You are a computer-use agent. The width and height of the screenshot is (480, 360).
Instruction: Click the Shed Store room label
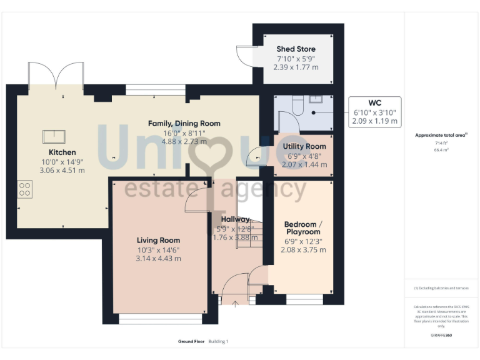click(296, 49)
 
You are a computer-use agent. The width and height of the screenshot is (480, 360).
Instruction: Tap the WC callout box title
click(374, 102)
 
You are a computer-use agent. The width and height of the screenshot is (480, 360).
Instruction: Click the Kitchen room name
click(62, 152)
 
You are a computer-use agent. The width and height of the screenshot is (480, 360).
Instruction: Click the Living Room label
click(158, 240)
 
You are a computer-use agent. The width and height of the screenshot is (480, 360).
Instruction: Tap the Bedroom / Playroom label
click(303, 228)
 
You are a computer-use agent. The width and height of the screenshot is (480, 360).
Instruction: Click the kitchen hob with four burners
click(25, 189)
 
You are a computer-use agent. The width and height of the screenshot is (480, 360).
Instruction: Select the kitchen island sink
click(54, 136)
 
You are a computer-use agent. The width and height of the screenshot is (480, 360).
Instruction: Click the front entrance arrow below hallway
click(235, 304)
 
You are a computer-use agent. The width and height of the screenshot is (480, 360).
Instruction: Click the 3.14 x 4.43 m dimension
click(158, 258)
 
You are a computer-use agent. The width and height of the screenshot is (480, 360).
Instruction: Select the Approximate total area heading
click(441, 135)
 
